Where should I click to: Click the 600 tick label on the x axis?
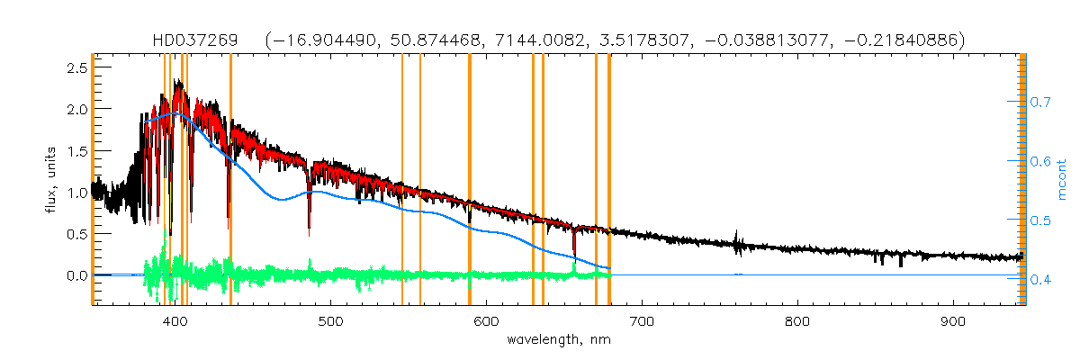pos(486,321)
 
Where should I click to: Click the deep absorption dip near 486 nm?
pos(309,220)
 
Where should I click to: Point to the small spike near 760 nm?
pos(737,238)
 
